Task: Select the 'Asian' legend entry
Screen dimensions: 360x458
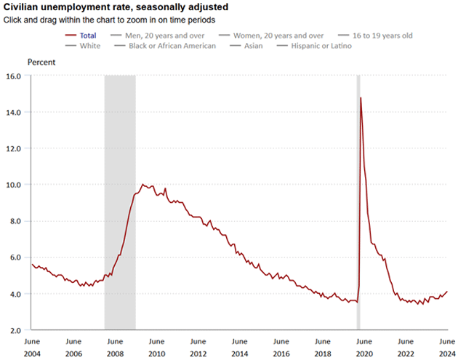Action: point(254,46)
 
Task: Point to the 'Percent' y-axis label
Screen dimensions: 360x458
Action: point(41,62)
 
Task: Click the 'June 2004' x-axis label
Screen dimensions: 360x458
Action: point(32,346)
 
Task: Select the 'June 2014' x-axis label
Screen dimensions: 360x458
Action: point(239,346)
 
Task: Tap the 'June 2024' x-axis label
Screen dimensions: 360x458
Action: point(446,346)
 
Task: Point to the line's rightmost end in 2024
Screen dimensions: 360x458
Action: point(447,292)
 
